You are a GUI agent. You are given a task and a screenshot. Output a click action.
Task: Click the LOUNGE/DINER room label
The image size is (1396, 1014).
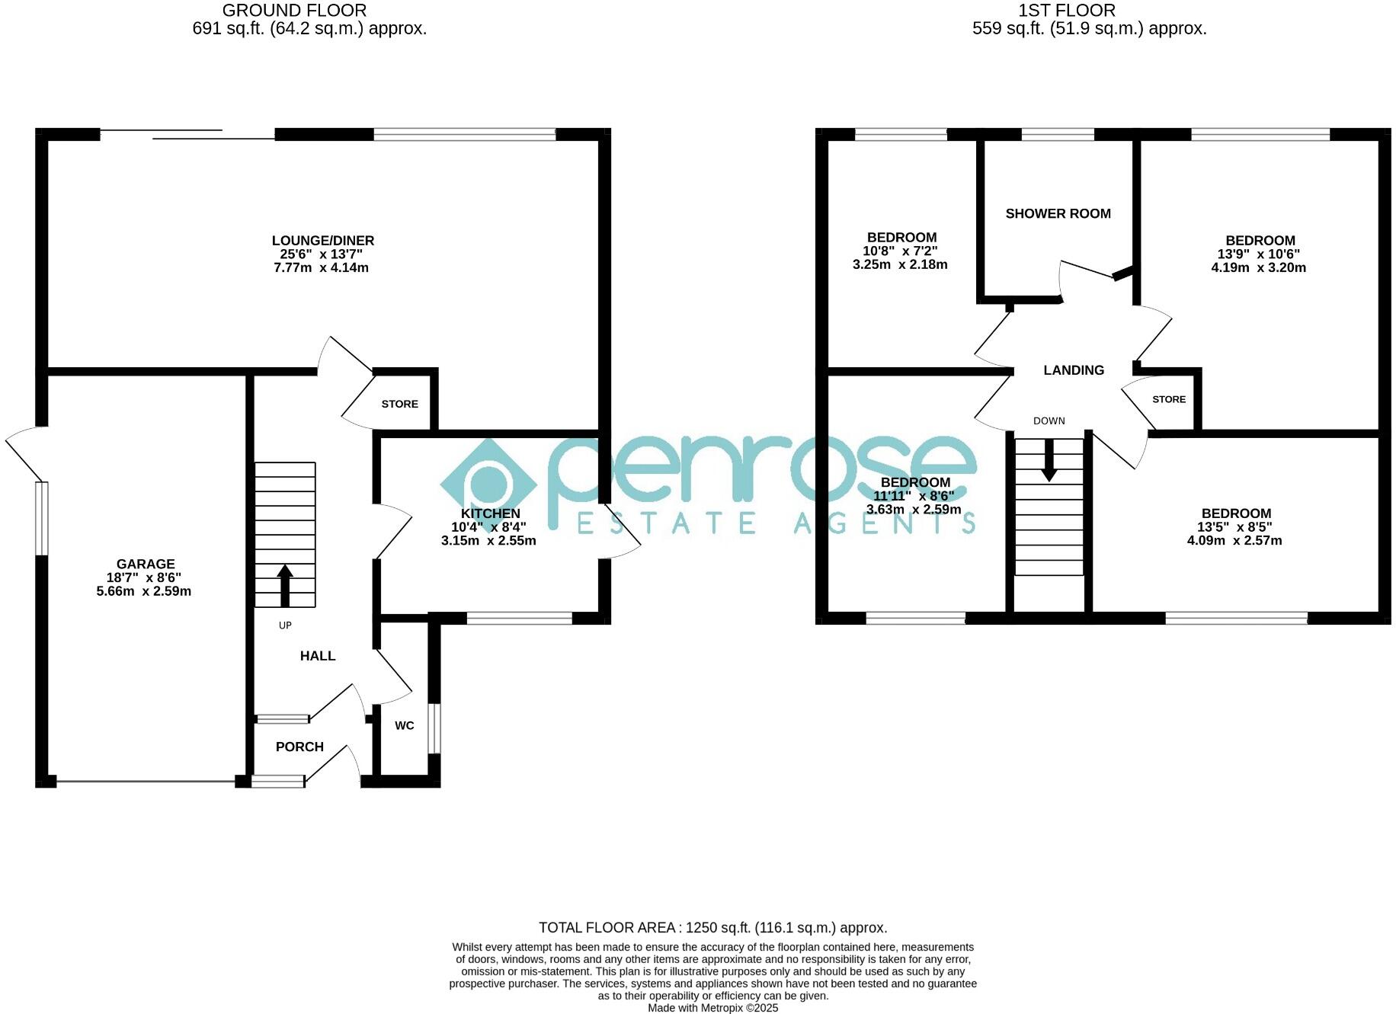point(323,241)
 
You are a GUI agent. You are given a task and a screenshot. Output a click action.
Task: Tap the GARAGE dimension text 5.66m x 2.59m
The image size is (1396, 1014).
point(143,591)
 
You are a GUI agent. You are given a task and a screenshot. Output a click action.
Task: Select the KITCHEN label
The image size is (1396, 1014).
point(490,513)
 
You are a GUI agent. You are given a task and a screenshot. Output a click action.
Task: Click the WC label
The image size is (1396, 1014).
point(404,725)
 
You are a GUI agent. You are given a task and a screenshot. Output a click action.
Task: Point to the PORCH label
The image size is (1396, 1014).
point(299,747)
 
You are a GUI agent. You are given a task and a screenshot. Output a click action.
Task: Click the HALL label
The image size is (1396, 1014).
point(317,656)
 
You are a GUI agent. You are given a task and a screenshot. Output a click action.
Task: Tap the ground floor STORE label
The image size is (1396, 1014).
point(399,404)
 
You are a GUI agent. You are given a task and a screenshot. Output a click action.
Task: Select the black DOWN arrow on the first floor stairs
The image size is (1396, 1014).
point(1049,460)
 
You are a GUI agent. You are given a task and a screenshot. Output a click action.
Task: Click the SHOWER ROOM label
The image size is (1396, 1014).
point(1058,214)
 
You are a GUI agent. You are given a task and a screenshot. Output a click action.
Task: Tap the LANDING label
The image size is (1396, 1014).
point(1073,370)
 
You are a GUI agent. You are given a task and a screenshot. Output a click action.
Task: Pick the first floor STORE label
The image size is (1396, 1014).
point(1168,399)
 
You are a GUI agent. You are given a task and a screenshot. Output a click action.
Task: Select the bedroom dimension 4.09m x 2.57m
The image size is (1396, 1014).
point(1234,541)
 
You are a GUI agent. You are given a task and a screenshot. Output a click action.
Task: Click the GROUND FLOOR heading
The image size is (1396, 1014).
point(294,11)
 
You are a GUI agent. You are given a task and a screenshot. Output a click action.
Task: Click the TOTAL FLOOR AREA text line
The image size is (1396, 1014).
point(712,927)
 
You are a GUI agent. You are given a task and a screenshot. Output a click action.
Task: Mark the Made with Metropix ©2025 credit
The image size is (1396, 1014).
point(712,1008)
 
